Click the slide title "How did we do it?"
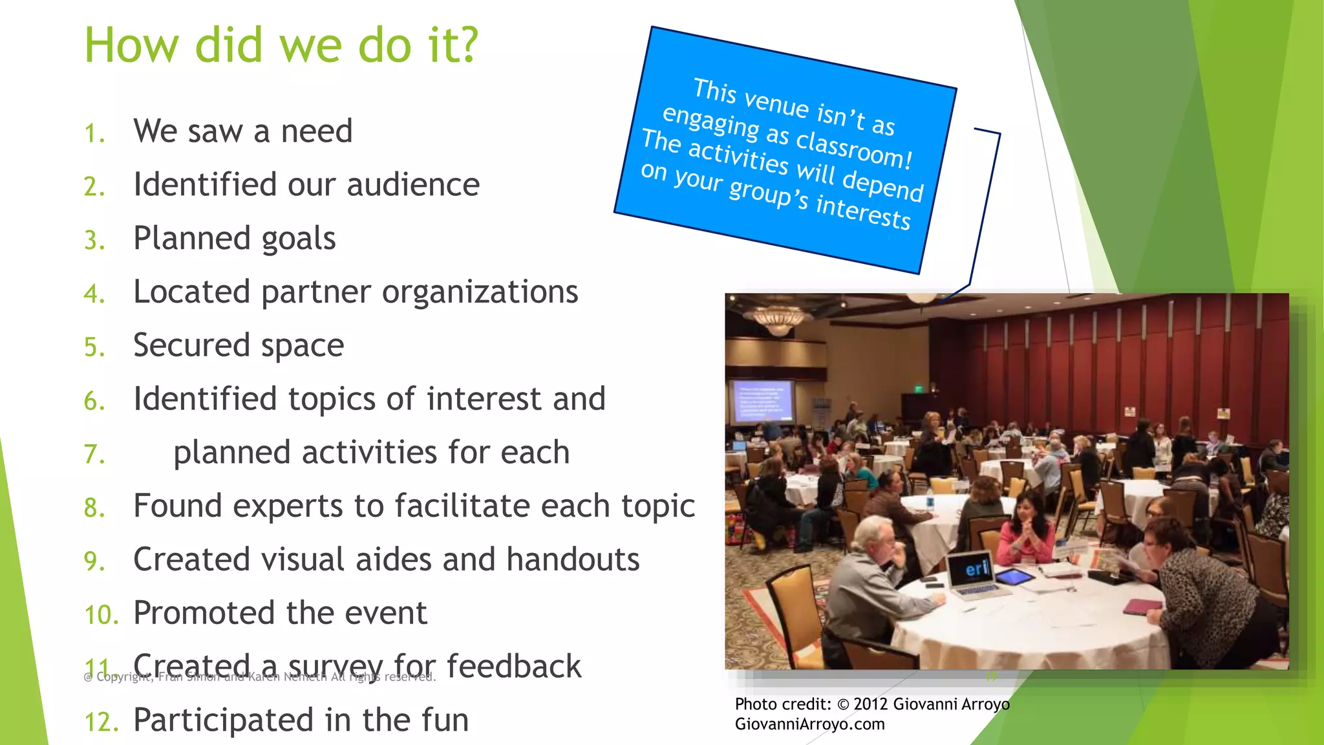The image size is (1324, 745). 281,45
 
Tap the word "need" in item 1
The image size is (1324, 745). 317,131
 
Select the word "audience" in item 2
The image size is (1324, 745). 413,185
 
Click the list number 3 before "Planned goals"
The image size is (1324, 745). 94,241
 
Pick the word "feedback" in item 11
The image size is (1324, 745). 514,667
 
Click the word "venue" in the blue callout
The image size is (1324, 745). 776,103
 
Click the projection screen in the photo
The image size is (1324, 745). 762,402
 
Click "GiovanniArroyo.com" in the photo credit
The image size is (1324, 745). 809,724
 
